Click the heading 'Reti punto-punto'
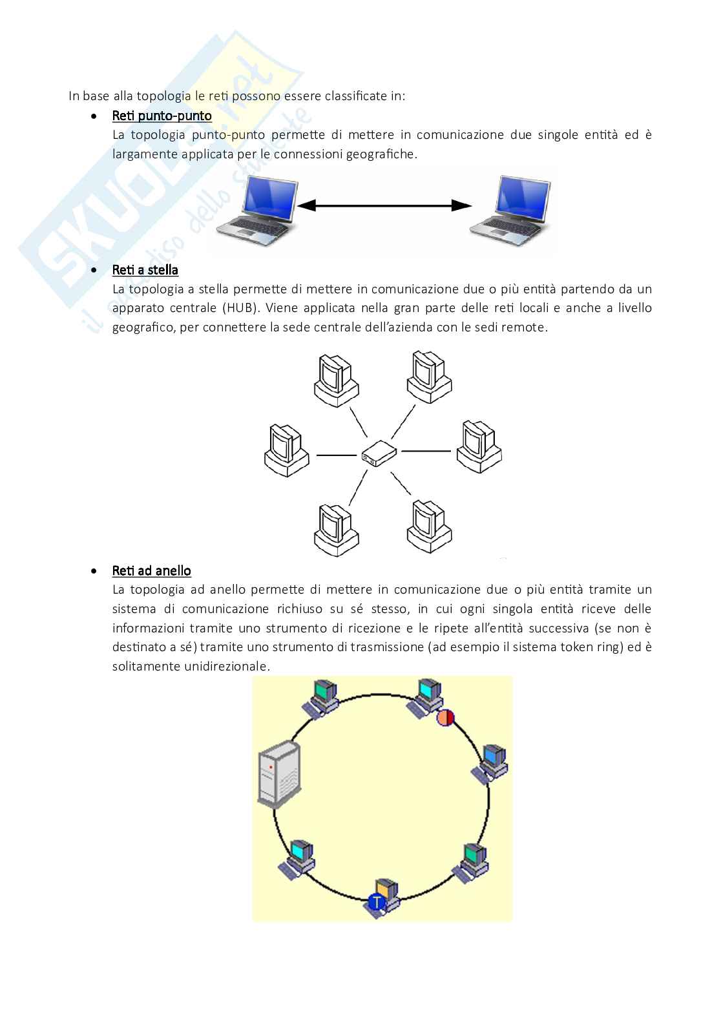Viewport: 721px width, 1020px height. [162, 116]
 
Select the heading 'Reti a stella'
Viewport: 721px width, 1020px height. [145, 269]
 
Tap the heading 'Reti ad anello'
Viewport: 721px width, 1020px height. [151, 570]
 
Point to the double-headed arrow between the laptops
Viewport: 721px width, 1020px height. [384, 205]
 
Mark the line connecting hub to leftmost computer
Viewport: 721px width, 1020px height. [336, 455]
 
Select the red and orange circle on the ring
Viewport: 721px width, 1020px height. [446, 718]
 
